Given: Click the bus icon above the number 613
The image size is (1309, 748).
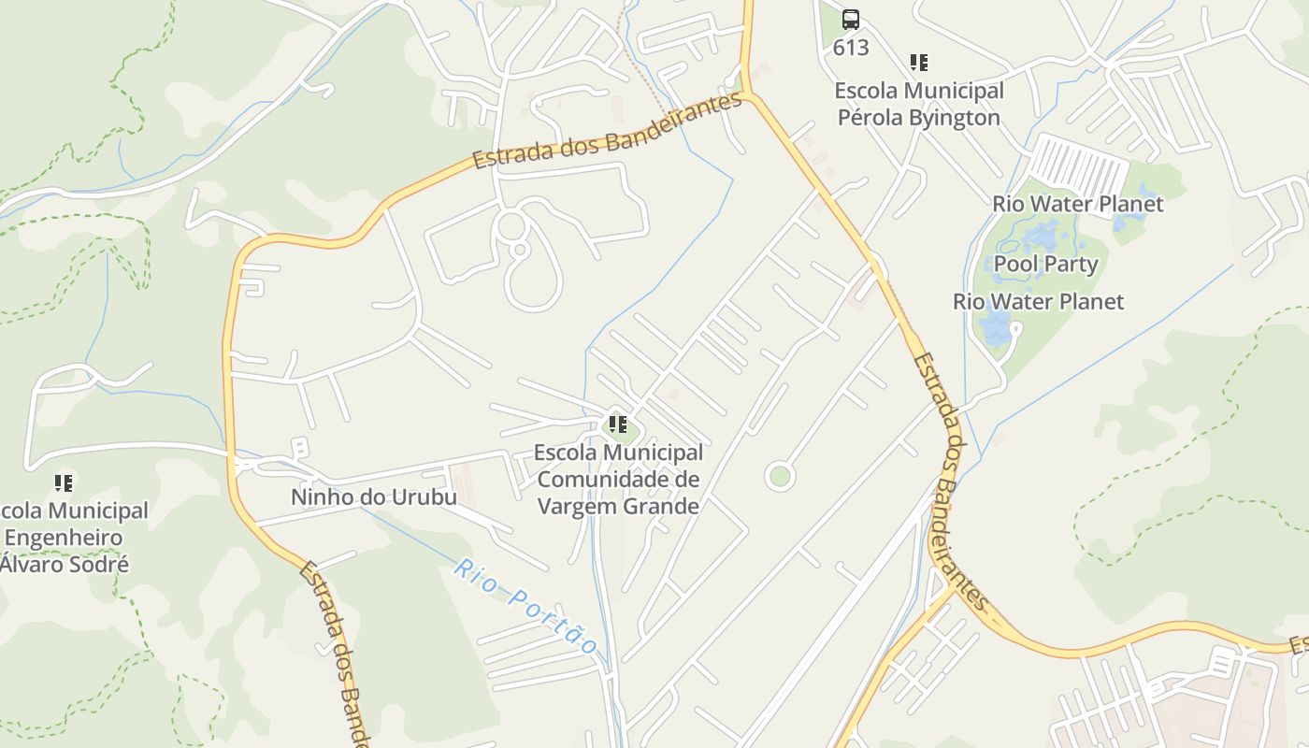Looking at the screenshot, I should click(x=850, y=19).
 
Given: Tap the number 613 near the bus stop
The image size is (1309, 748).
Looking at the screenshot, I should click(x=851, y=48).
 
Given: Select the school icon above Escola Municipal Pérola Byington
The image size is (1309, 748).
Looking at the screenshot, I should click(x=919, y=63).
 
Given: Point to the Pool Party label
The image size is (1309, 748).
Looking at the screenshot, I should click(x=1045, y=264).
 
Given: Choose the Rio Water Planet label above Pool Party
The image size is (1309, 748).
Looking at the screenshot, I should click(x=1077, y=204).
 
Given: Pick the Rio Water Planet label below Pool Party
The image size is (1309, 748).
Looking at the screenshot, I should click(x=1038, y=302).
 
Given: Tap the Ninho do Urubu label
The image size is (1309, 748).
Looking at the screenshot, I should click(x=374, y=496).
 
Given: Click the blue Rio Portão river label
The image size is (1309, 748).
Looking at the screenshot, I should click(x=526, y=606).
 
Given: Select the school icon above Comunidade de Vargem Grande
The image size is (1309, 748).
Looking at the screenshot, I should click(x=618, y=424).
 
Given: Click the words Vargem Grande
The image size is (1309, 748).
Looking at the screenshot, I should click(x=618, y=507).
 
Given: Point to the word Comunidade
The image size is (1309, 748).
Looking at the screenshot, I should click(x=617, y=480).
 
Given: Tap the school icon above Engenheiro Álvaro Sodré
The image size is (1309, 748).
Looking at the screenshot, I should click(x=64, y=483).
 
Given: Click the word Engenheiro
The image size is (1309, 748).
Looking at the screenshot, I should click(x=64, y=538).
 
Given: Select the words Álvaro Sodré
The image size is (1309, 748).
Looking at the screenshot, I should click(x=64, y=565).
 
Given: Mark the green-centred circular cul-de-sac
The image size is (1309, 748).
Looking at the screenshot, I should click(x=779, y=477).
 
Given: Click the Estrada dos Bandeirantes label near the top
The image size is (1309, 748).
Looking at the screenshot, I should click(x=608, y=132).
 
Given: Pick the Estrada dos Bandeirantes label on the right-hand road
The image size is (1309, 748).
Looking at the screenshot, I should click(x=949, y=477).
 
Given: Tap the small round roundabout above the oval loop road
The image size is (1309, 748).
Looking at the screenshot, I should click(x=511, y=225).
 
